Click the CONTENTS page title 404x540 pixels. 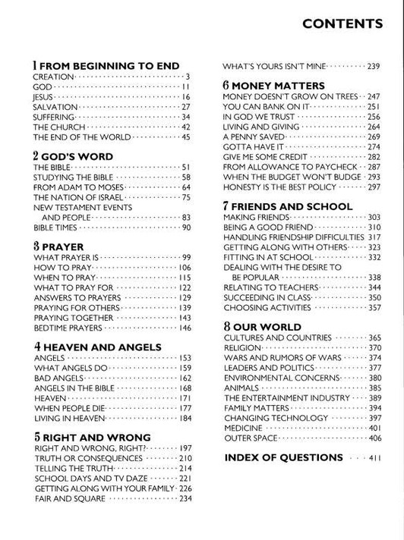(x=342, y=24)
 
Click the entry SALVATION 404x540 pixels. (x=55, y=107)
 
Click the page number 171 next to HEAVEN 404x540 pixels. (x=185, y=397)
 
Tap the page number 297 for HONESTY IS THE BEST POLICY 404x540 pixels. (x=374, y=187)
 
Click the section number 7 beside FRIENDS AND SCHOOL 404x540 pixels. (x=226, y=206)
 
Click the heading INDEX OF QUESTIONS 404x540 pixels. (x=284, y=457)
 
